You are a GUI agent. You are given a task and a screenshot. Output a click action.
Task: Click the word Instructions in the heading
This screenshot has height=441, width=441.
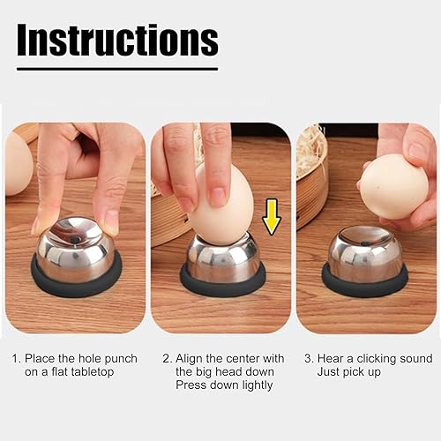click(117, 40)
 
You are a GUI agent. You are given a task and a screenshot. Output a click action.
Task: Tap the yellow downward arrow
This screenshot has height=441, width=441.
click(272, 217)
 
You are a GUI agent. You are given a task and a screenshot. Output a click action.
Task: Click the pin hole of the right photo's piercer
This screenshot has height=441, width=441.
click(366, 243)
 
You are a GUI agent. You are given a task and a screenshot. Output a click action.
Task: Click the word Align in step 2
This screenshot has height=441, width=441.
click(190, 359)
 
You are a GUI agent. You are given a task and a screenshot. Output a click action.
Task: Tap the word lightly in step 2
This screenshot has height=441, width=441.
click(258, 385)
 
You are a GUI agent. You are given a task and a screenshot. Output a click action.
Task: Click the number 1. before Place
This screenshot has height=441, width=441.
click(17, 359)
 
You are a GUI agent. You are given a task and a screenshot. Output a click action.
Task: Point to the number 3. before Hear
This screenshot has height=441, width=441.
click(310, 359)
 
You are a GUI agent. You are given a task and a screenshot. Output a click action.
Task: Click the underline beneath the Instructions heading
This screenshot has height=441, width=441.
click(117, 69)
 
